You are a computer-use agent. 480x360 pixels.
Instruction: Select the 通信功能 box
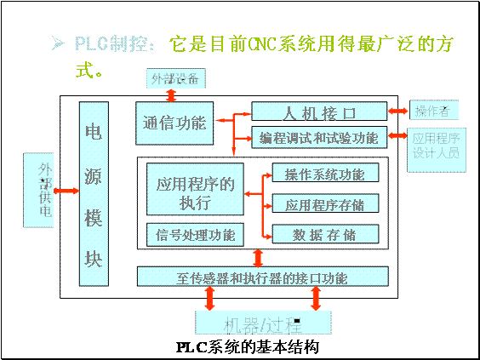(x=174, y=123)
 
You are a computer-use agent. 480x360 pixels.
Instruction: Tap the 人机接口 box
(x=318, y=112)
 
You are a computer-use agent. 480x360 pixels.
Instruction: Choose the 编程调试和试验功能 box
(x=318, y=136)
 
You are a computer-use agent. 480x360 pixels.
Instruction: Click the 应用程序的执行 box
(x=195, y=193)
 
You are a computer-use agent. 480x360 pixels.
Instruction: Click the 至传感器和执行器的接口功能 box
(x=261, y=277)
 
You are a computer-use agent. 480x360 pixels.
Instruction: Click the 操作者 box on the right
(x=431, y=111)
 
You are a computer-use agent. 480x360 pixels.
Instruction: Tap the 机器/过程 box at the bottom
(x=262, y=324)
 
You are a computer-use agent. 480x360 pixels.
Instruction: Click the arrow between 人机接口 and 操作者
(x=398, y=111)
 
